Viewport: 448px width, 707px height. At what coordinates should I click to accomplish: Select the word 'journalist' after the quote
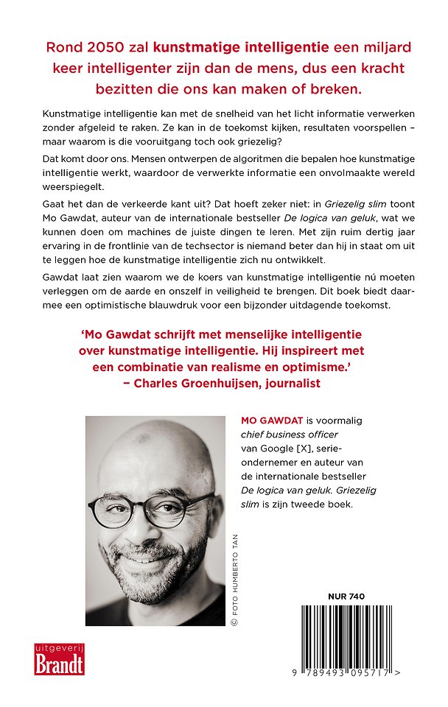[289, 384]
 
